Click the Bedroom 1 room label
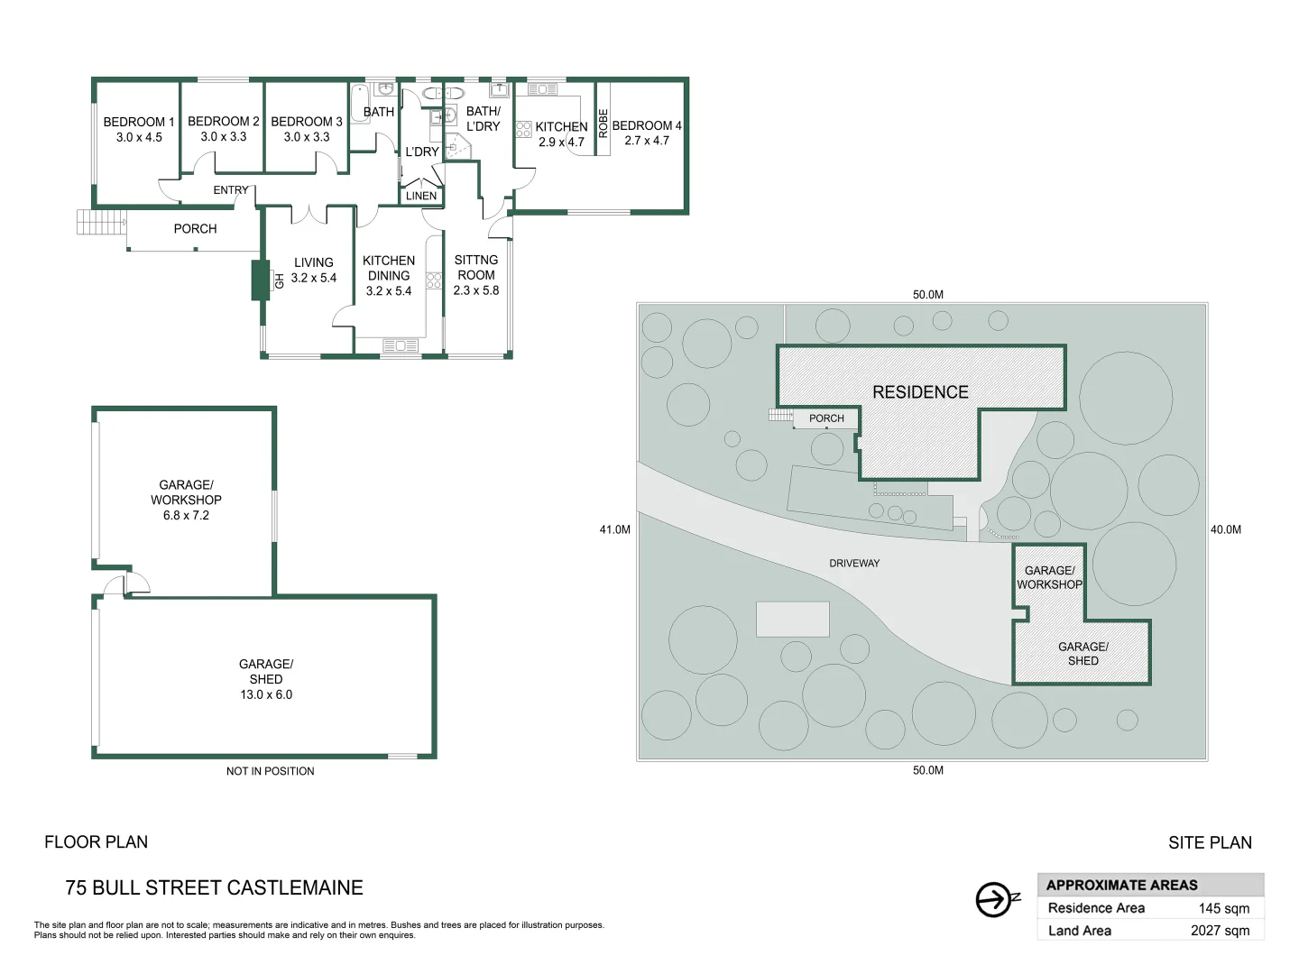coord(139,122)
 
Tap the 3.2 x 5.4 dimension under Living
coord(314,278)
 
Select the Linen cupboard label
coord(421,196)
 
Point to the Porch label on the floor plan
coord(195,229)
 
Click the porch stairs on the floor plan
coord(101,223)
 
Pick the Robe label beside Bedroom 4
coord(603,124)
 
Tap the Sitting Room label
coord(476,267)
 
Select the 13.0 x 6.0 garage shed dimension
coord(266,694)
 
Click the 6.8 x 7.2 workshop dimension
coord(186,515)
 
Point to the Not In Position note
coord(271,771)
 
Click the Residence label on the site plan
coord(920,392)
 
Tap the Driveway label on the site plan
coord(854,564)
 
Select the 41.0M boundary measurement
coord(615,530)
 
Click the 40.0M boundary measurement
coord(1226,530)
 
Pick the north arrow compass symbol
coord(996,899)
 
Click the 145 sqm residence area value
coord(1224,908)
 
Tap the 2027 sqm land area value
coord(1220,931)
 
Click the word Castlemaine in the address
coord(295,887)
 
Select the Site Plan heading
coord(1210,842)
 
